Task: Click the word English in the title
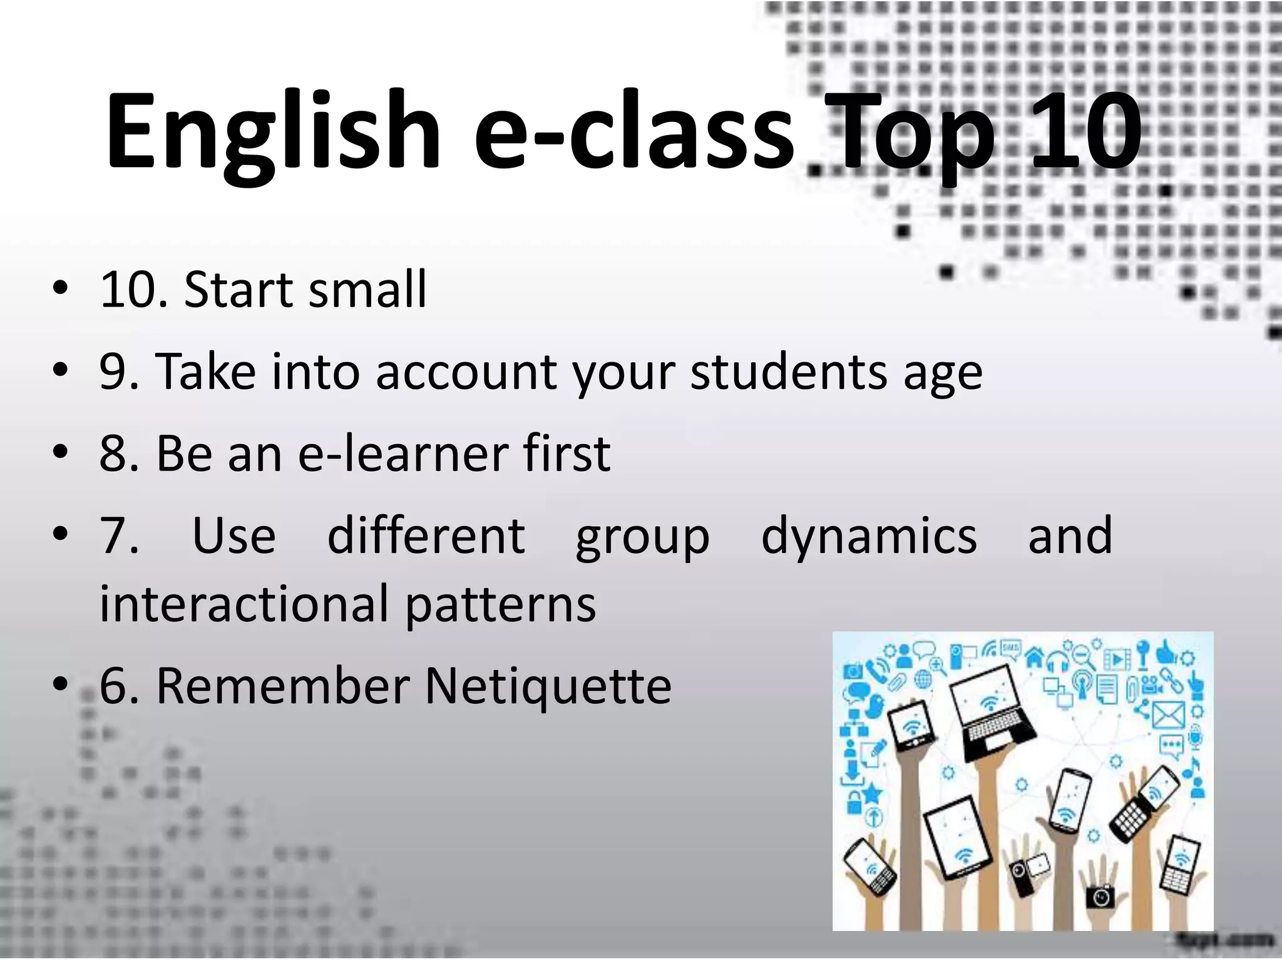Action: click(x=273, y=133)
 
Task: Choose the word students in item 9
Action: click(x=789, y=372)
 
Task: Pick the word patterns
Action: click(x=501, y=604)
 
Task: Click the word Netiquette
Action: click(x=548, y=686)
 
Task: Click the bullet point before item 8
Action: click(x=60, y=452)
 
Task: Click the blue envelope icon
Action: click(x=1168, y=714)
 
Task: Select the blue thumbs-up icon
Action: click(x=1166, y=653)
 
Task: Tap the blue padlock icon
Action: click(x=853, y=801)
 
